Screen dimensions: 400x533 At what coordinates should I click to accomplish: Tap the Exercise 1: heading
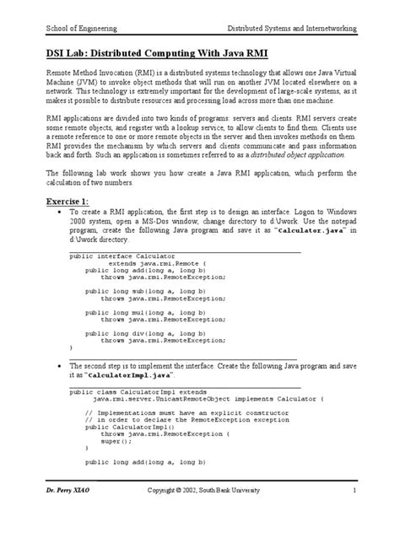(x=68, y=202)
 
